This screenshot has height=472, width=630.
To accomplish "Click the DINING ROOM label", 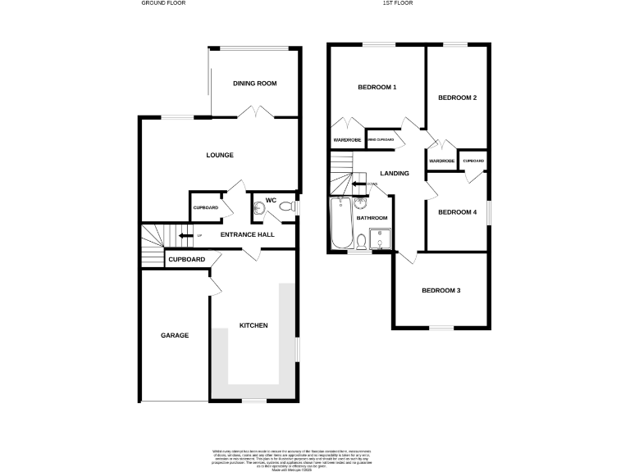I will (255, 84).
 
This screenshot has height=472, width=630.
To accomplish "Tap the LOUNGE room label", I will (220, 155).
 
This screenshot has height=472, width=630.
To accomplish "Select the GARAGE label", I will (175, 335).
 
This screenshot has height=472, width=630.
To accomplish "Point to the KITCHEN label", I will (253, 326).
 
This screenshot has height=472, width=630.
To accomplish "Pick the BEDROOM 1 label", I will (377, 88).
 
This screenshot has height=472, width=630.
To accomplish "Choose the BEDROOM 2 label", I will (457, 98).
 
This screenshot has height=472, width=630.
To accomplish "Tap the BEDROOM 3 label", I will (441, 290).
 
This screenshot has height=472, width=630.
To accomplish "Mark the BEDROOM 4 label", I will (457, 212).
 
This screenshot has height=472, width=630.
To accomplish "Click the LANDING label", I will (394, 173).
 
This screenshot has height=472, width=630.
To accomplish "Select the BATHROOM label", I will (372, 218).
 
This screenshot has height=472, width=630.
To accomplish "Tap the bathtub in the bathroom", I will (339, 223).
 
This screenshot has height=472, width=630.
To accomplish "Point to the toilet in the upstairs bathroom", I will (362, 241).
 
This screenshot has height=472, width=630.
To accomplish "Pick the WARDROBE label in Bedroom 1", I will (347, 140).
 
